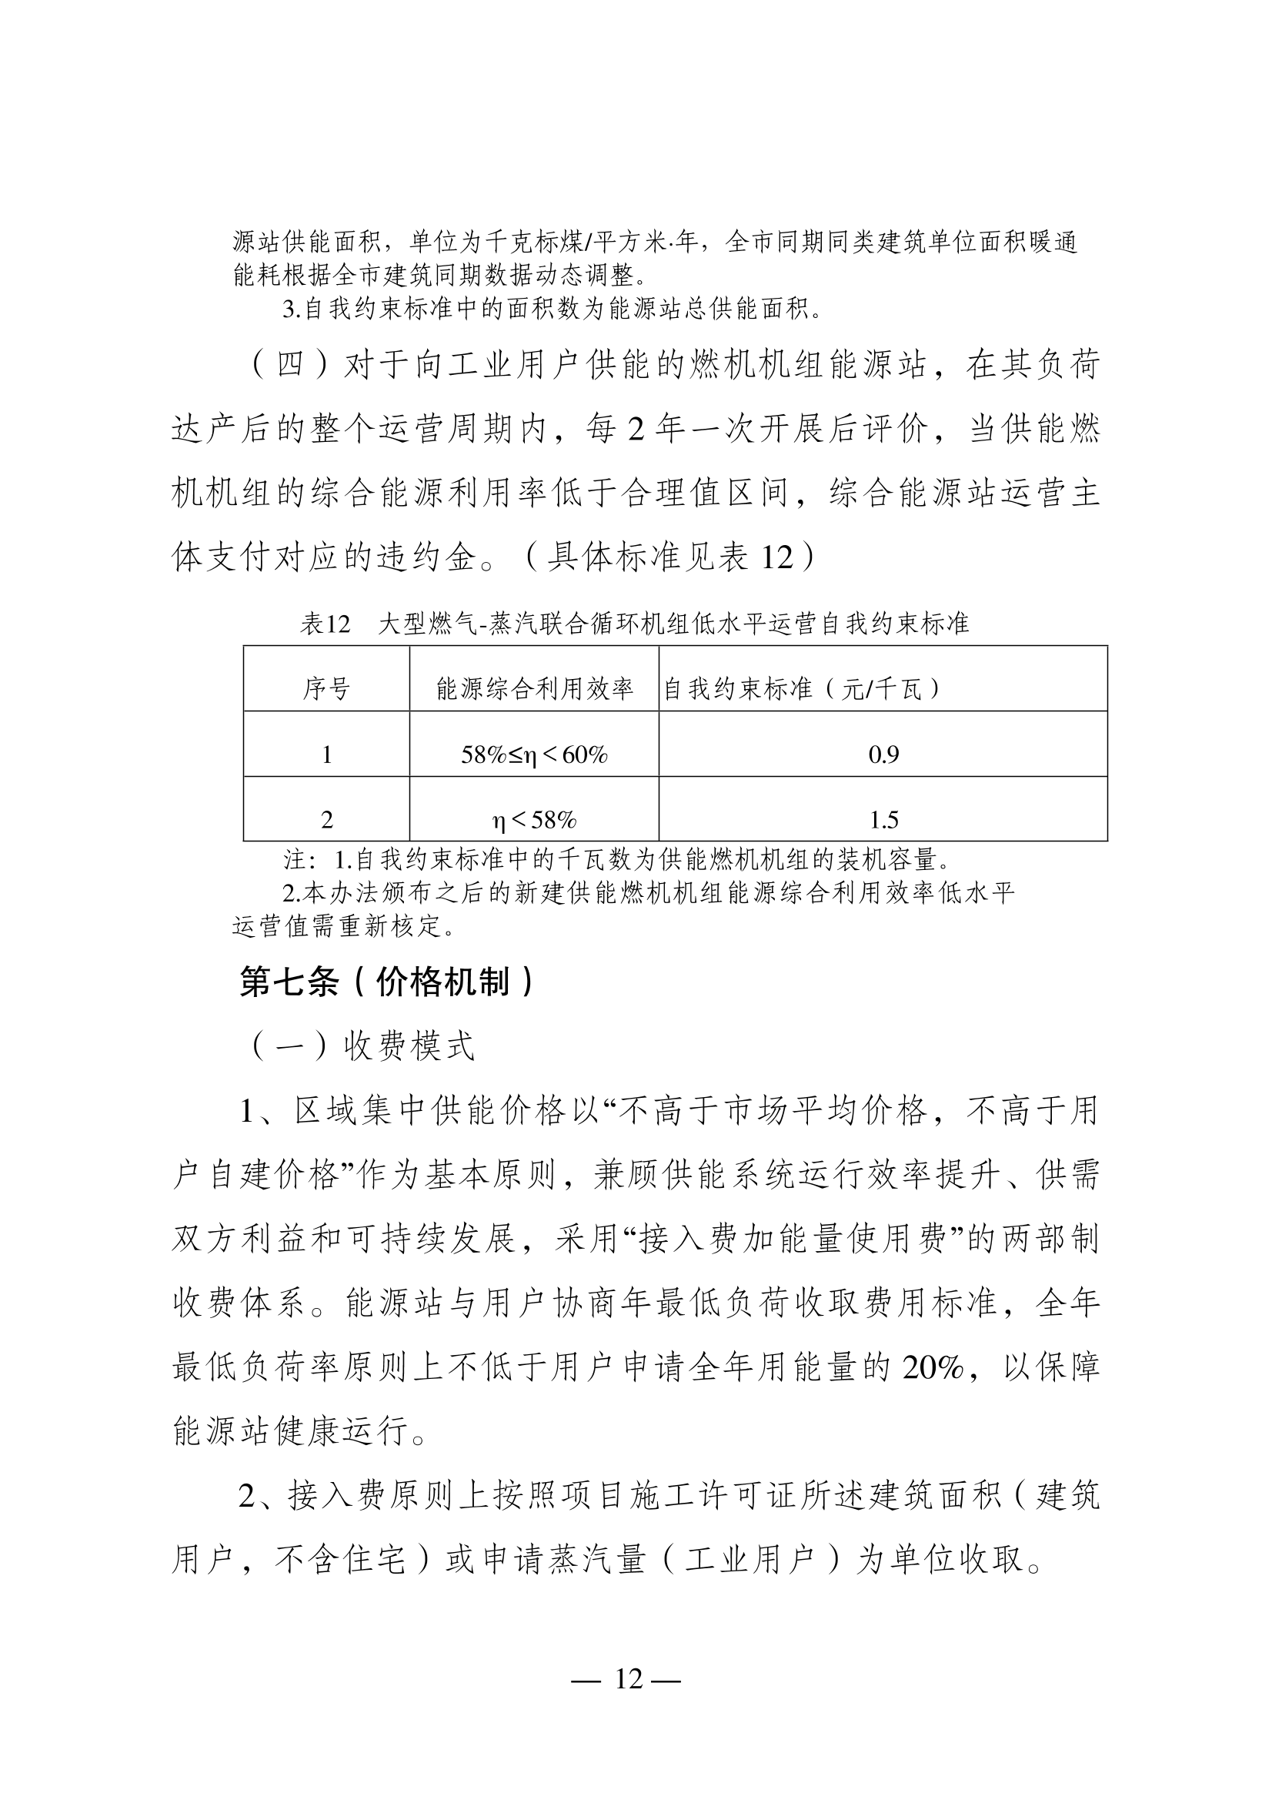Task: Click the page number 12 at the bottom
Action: point(629,1678)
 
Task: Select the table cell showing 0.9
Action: point(883,754)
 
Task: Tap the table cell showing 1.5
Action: point(883,820)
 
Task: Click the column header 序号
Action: point(326,689)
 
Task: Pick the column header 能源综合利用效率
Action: point(534,689)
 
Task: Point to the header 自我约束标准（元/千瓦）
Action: point(801,689)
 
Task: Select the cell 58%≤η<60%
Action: point(534,755)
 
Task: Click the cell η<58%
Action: point(534,820)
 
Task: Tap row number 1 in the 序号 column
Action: point(326,755)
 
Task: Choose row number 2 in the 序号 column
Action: point(326,820)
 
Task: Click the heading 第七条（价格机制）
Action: point(387,982)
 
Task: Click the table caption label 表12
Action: point(324,624)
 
